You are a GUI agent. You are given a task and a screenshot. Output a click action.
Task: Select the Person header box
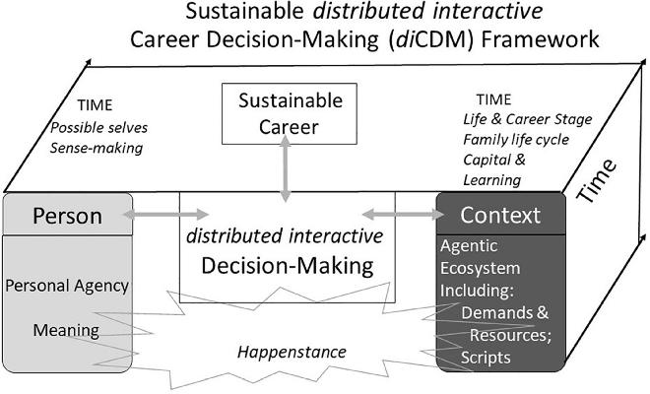point(67,214)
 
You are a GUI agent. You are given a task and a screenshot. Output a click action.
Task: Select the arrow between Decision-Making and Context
point(399,213)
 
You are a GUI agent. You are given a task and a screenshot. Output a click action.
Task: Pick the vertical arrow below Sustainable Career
point(284,171)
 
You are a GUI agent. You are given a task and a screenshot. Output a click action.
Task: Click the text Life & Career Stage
point(528,120)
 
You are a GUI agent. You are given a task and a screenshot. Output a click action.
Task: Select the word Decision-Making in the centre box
point(286,264)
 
